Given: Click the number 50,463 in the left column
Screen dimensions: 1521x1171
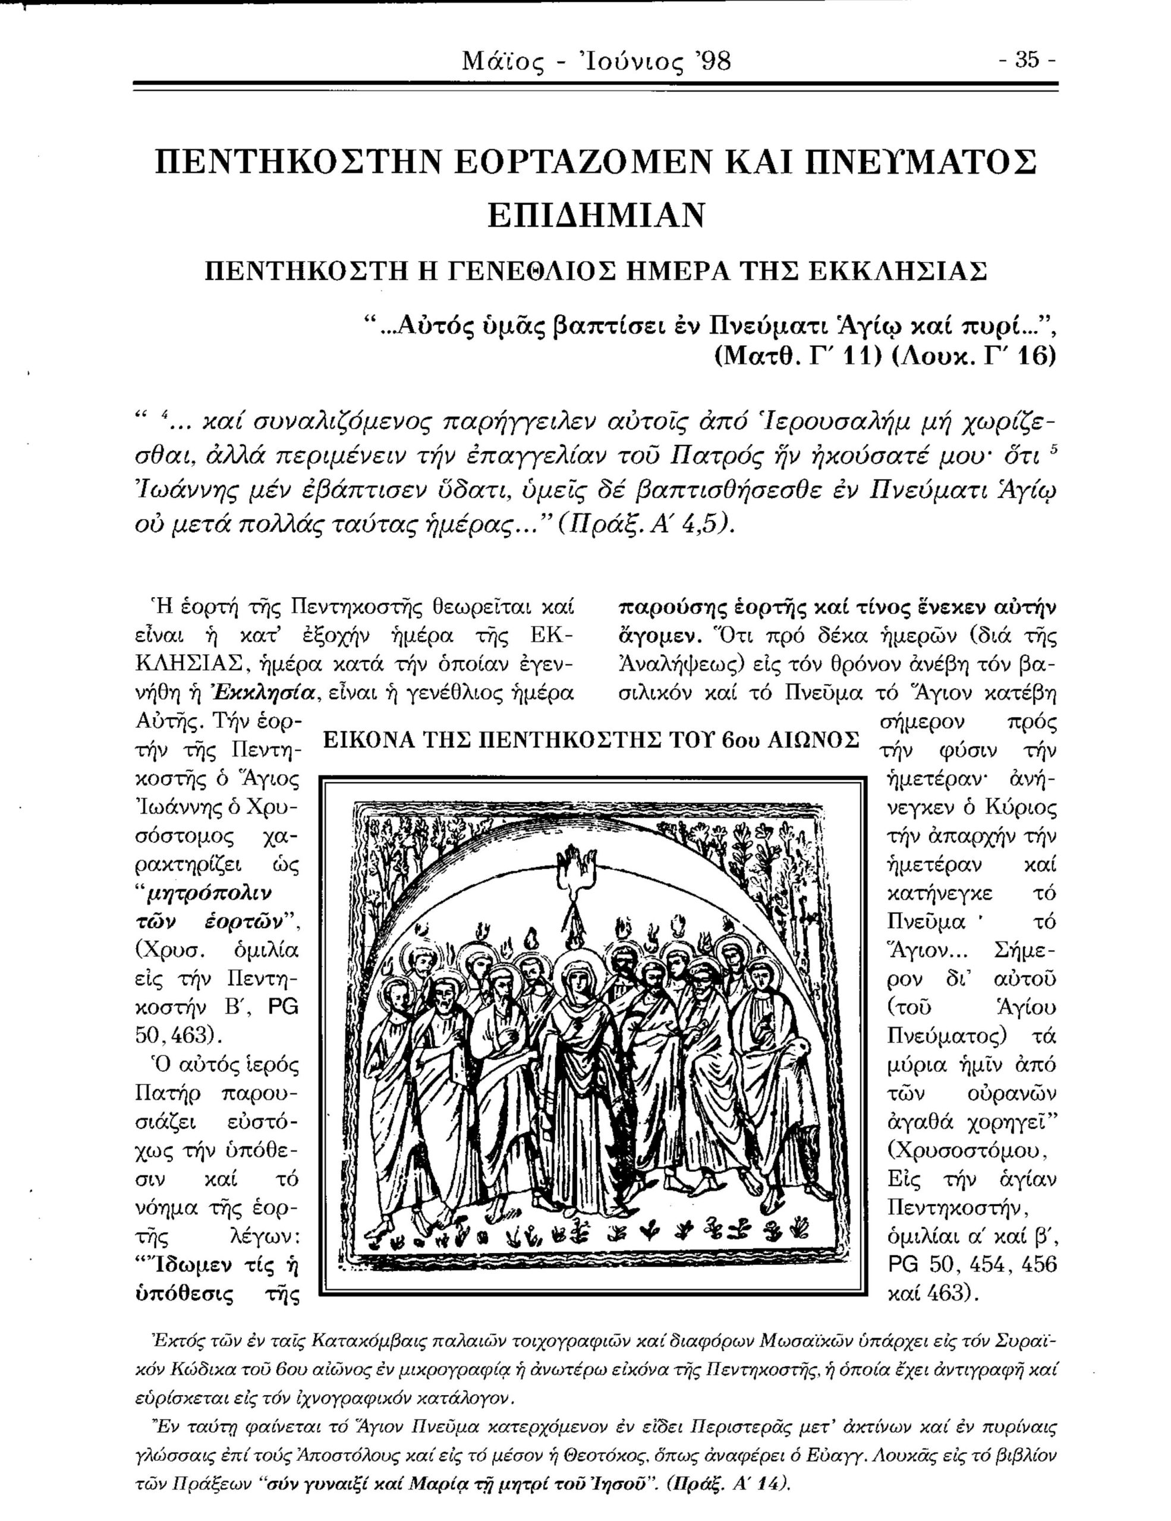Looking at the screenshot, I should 174,1036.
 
